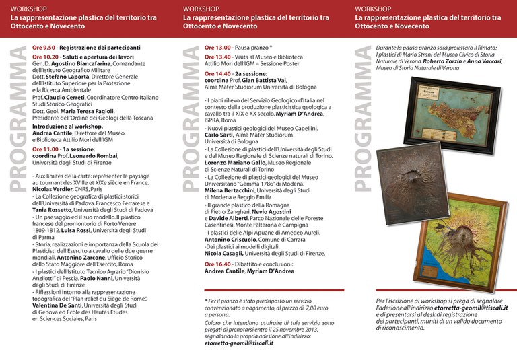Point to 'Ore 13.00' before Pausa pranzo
(217, 48)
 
